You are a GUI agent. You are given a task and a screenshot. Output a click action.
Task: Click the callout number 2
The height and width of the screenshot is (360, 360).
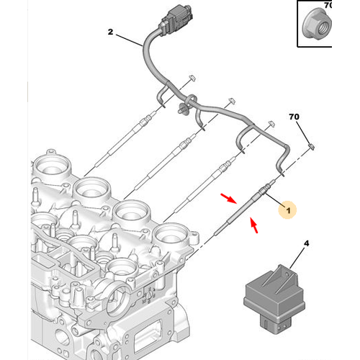tap(111, 32)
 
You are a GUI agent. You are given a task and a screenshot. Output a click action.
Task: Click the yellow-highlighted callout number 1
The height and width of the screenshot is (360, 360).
tap(288, 210)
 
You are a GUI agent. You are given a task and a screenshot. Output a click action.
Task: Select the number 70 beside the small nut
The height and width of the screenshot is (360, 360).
tap(294, 116)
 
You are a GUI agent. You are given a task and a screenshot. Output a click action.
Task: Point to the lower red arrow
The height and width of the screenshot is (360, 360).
tap(254, 228)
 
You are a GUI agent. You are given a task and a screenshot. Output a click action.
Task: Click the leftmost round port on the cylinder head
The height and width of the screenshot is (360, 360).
tap(54, 166)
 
